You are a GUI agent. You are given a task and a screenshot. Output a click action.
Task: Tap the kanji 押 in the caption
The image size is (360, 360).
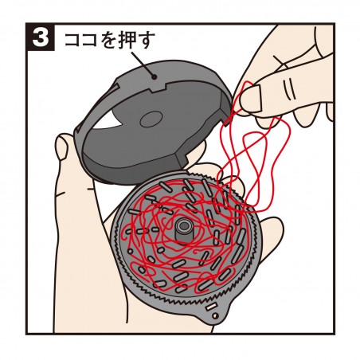128,40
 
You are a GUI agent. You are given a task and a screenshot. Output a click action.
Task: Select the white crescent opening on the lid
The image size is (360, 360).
112,124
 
